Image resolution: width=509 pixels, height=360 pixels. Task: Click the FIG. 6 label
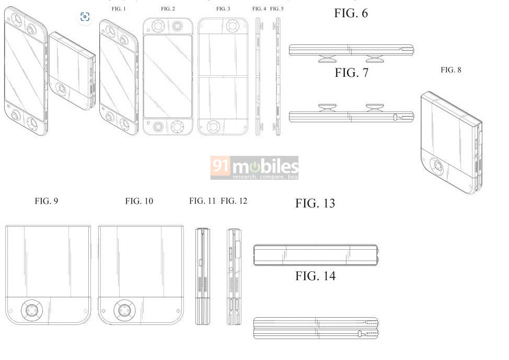click(351, 14)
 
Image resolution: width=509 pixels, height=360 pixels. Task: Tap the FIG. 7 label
click(351, 73)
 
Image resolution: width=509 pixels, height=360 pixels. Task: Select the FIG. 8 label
click(450, 69)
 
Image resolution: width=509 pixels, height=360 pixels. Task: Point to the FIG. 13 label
click(315, 203)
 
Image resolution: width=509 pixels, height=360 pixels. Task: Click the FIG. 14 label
click(315, 276)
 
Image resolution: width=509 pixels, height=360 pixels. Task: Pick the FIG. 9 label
click(46, 201)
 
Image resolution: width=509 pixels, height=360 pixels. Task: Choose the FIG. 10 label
click(139, 201)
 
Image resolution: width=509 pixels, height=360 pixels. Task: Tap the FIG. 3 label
click(223, 9)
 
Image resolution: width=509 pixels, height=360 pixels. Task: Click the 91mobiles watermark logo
click(254, 168)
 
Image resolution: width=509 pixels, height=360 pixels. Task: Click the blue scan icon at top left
click(85, 17)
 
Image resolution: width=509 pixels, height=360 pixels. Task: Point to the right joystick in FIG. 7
click(374, 108)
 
